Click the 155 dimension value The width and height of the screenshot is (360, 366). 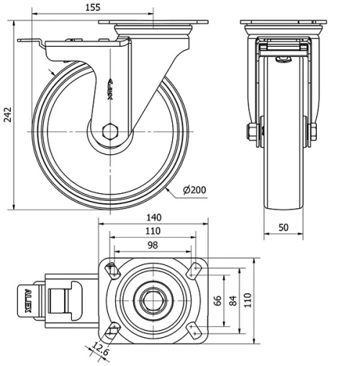pos(93,7)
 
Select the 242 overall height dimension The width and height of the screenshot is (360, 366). pos(8,115)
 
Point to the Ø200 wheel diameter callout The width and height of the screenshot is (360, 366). pos(194,190)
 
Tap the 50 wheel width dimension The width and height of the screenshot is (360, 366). pos(284,227)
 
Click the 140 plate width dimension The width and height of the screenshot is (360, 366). pos(154,218)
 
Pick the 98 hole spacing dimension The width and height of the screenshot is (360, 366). pos(153,245)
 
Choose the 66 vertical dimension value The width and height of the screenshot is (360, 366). pos(217,300)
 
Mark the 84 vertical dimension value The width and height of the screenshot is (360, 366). pos(233,300)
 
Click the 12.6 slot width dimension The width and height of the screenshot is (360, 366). pos(101,349)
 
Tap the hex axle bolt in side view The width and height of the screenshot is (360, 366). pos(110,132)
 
